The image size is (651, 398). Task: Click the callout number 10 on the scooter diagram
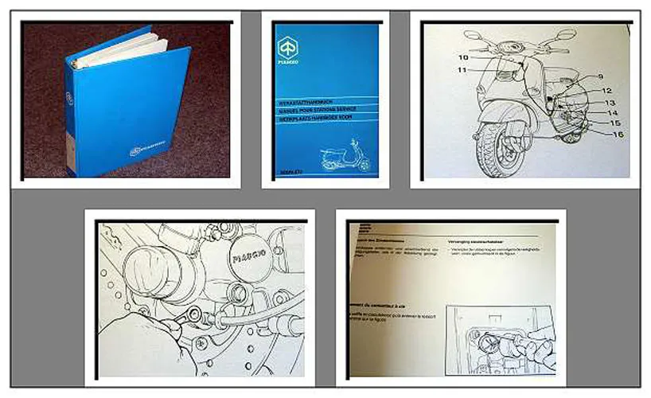(x=463, y=58)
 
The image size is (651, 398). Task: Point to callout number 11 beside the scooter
(x=461, y=71)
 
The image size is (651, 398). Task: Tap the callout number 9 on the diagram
(x=601, y=76)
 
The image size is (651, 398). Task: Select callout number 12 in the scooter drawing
(x=606, y=91)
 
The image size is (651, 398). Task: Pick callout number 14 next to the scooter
(x=612, y=113)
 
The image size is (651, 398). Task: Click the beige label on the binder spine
(x=71, y=147)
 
